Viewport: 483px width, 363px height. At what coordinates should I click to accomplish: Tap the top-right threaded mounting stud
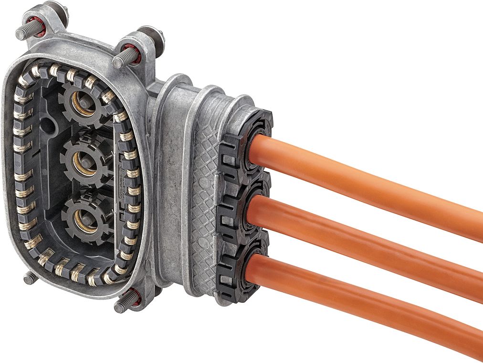tap(122, 60)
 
